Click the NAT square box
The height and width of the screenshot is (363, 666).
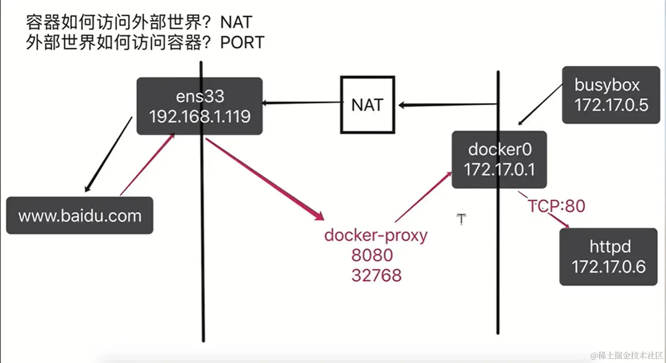368,104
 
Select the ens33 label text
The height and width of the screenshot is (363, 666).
200,96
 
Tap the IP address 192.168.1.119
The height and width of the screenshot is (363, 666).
200,117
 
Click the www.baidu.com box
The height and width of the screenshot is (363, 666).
80,215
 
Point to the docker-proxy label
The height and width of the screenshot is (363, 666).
376,235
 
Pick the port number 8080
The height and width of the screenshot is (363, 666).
372,255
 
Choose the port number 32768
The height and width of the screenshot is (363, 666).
376,275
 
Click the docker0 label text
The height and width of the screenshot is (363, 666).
499,149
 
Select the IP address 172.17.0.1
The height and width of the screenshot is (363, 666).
499,169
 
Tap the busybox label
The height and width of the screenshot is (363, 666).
607,85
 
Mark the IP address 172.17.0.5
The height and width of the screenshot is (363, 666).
611,105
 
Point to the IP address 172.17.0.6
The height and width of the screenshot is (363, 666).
608,267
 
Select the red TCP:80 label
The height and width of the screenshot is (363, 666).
556,206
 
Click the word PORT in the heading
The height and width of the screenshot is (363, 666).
242,43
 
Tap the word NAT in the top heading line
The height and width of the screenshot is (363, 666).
236,21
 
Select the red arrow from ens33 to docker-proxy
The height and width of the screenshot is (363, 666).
263,179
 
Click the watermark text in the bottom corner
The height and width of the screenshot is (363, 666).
627,354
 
